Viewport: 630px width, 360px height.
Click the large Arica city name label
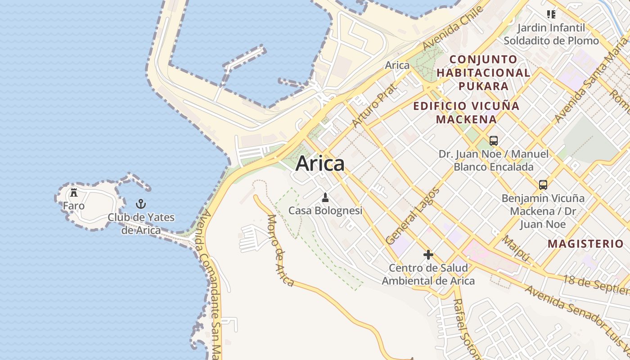tap(320, 163)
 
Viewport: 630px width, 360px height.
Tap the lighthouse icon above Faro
tap(74, 193)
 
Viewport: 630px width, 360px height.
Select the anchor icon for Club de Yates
tap(141, 204)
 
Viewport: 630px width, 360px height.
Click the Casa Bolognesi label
tap(325, 211)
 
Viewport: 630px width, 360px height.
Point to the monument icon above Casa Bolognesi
tap(325, 197)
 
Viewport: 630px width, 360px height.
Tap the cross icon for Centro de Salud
tap(428, 255)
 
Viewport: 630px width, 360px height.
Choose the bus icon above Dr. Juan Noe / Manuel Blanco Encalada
tap(494, 140)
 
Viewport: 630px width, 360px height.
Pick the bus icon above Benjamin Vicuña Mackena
tap(543, 184)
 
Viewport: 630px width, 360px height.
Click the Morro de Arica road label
tap(280, 250)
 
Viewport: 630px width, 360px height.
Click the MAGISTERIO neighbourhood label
tap(585, 244)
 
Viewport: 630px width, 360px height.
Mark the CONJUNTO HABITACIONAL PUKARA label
tap(483, 72)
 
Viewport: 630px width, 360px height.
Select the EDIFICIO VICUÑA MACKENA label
tap(466, 112)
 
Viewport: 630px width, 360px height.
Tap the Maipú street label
tap(516, 248)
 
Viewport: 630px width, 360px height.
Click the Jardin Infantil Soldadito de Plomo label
tap(551, 34)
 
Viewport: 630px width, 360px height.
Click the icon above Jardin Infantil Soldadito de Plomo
tap(551, 14)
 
